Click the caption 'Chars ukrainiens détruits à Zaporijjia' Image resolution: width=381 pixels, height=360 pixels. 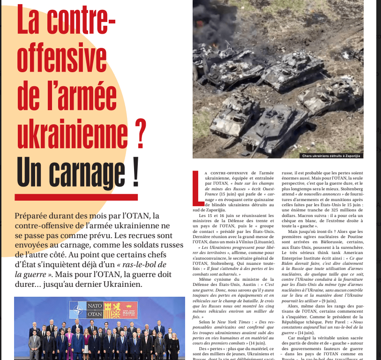click(x=333, y=156)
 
